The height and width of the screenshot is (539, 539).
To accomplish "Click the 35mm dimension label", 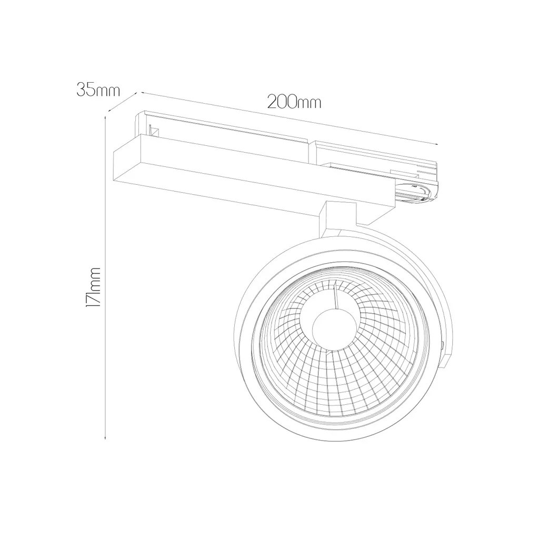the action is [x=98, y=89].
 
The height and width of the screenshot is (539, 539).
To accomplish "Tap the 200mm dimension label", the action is [x=295, y=102].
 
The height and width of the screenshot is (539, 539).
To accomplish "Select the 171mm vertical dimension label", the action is [x=93, y=287].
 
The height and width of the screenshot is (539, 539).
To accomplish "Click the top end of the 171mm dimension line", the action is [x=105, y=117].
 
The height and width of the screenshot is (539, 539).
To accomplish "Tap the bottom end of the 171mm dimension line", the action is [x=105, y=438].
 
